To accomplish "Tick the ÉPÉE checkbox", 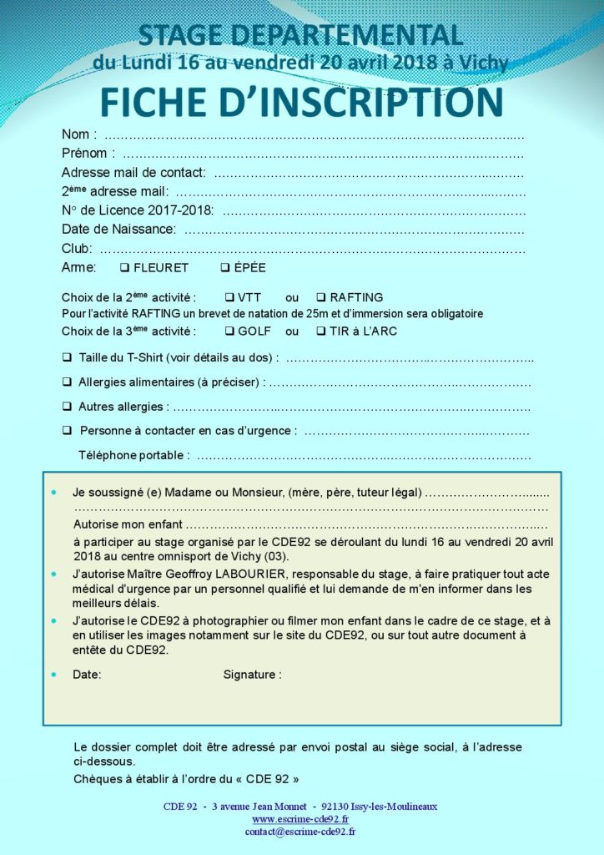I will (x=225, y=268).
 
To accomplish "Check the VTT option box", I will (x=229, y=297).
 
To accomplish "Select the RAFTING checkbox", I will (x=320, y=297).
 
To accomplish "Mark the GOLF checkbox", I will (x=229, y=331).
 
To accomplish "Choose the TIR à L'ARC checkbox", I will (x=320, y=331).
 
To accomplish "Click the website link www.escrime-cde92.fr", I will (x=299, y=820).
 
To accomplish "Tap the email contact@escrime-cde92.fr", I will (x=299, y=832).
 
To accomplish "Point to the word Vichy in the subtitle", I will (x=484, y=62).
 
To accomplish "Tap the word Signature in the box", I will (x=252, y=674).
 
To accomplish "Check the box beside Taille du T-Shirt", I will (x=67, y=357).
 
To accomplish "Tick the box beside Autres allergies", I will (x=67, y=407).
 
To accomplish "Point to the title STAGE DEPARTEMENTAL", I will (x=300, y=35).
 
